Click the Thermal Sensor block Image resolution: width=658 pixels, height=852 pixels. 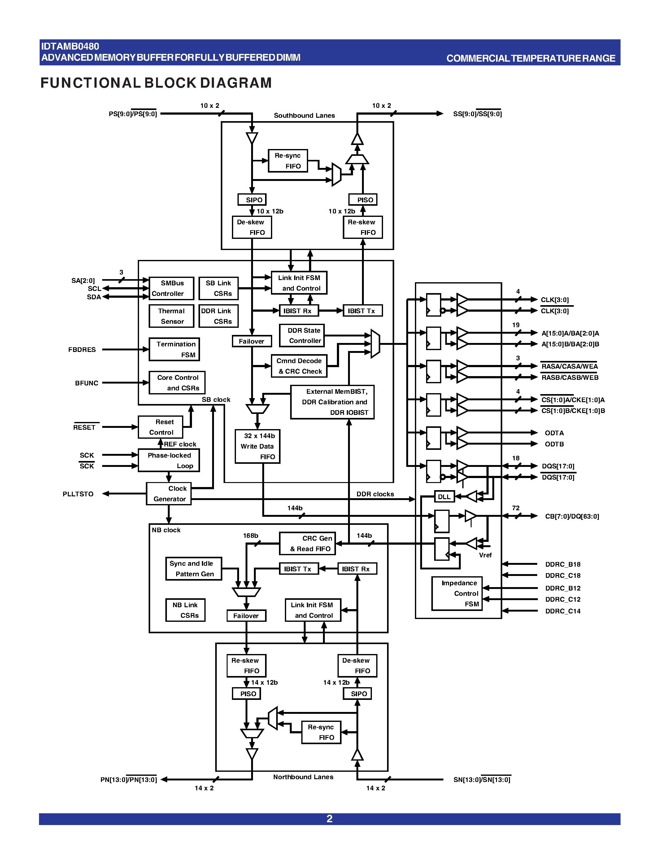point(171,316)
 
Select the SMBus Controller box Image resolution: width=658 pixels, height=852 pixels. point(171,288)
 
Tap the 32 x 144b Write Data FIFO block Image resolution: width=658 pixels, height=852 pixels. point(257,446)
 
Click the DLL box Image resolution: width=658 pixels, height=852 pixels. point(444,497)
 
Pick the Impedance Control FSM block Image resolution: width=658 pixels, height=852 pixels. point(457,593)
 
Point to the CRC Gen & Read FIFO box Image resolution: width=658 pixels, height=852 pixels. point(307,543)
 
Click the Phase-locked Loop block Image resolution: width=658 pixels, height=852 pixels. point(169,460)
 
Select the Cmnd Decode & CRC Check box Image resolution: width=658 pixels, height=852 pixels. point(299,366)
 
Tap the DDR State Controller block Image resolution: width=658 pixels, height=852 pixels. point(302,336)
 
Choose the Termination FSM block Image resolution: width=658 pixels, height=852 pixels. point(174,349)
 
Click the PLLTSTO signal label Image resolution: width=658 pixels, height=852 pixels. point(78,494)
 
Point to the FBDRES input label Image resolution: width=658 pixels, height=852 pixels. point(82,349)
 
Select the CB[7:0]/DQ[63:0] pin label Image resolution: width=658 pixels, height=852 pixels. point(572,516)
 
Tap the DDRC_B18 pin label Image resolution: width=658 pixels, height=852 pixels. point(563,564)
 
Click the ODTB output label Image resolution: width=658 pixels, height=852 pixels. point(554,444)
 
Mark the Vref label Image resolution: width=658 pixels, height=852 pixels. point(485,555)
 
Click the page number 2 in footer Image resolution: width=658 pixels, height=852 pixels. point(329,819)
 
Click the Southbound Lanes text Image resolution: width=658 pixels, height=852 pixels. point(304,116)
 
